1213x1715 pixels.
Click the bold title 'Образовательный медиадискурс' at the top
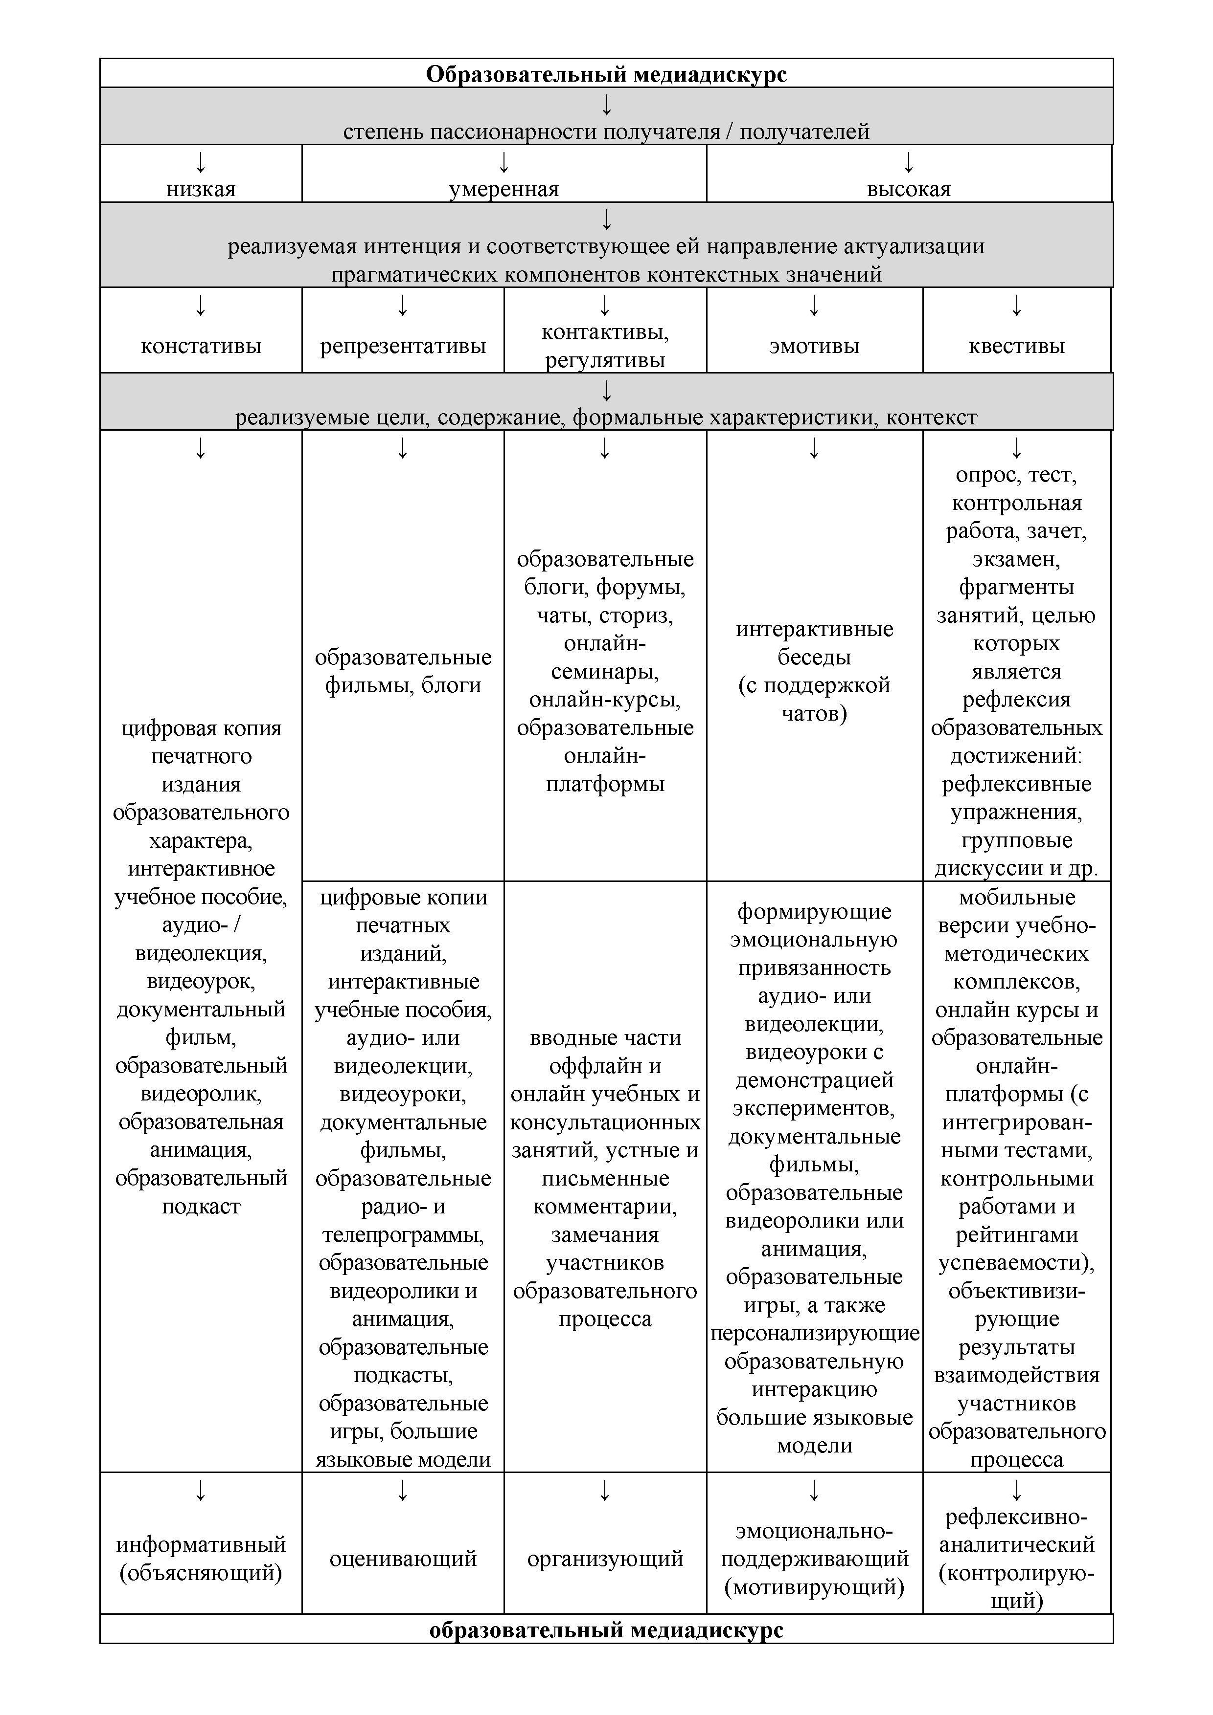(606, 74)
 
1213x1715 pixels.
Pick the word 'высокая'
(908, 189)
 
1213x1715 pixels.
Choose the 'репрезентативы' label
(403, 346)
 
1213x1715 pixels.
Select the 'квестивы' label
(1016, 346)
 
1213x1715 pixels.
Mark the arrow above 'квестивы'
(1016, 305)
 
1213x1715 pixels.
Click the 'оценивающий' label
(403, 1559)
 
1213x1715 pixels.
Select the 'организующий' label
(605, 1559)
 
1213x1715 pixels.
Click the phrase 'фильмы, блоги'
(403, 685)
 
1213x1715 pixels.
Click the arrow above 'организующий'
(605, 1490)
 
